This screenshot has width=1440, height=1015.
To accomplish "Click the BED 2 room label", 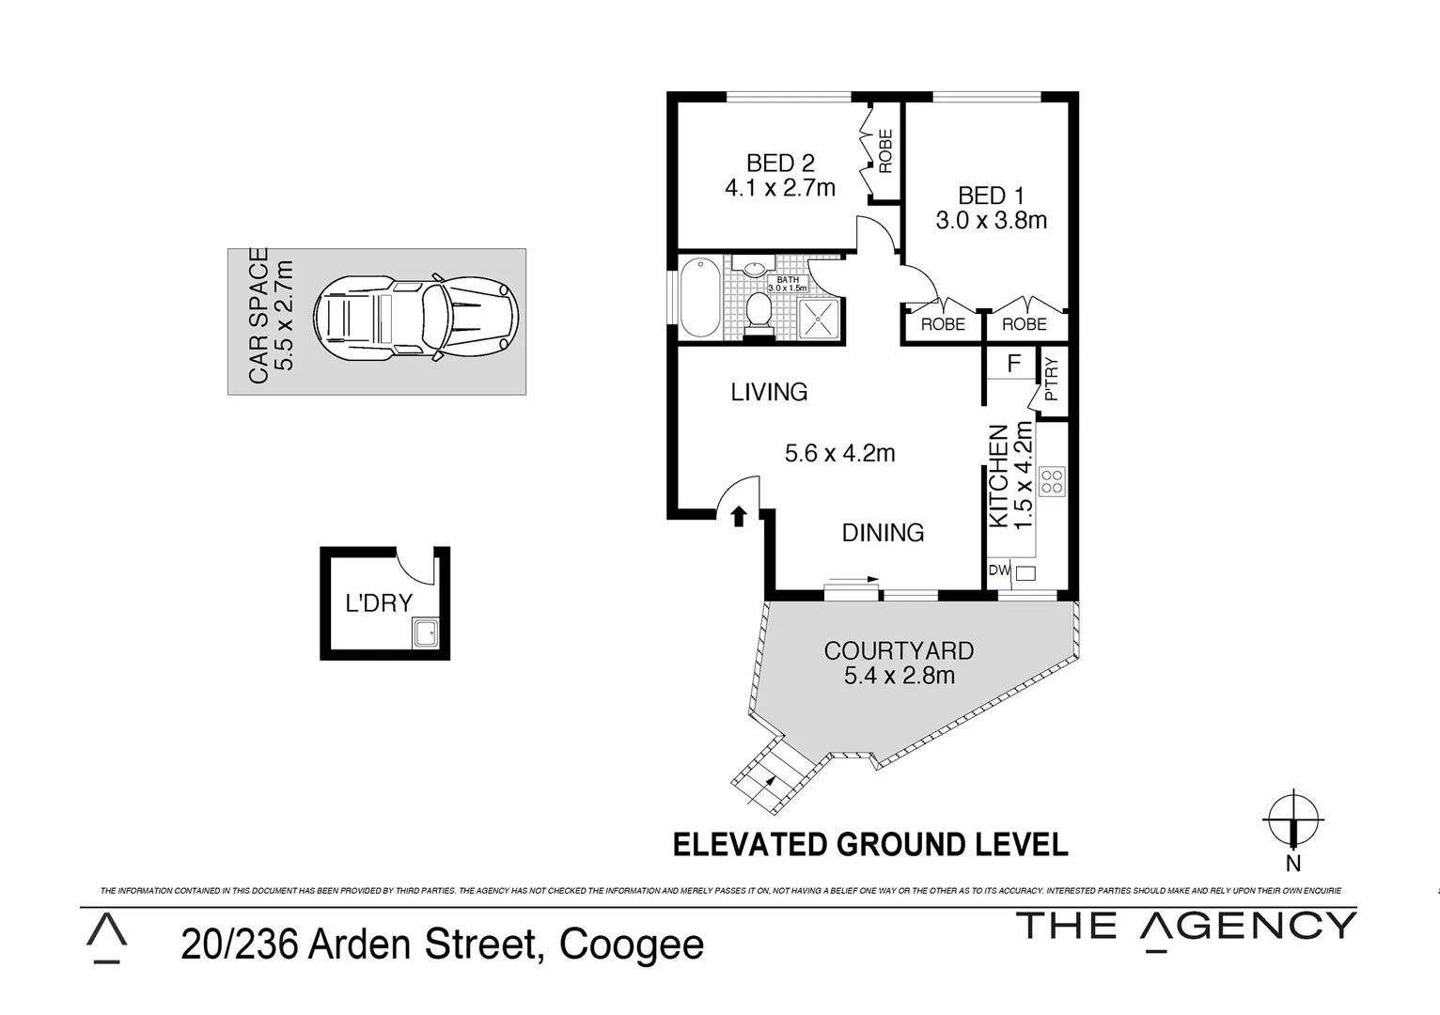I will coord(779,164).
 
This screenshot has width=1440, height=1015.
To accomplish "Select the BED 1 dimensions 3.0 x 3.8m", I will coord(991,221).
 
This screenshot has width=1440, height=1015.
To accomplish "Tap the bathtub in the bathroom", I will coord(699,297).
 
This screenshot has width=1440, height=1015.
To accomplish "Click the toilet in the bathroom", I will coord(758,310).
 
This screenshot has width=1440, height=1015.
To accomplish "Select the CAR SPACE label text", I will coord(258,316).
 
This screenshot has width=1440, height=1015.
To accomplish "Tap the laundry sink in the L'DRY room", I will coord(425,632).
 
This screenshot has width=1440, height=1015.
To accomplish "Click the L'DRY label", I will coord(379,603).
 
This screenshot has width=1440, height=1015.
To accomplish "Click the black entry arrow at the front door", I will coord(739,514).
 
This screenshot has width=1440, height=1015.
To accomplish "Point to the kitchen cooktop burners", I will coord(1052,482).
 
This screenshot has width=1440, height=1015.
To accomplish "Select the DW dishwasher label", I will coord(998,570).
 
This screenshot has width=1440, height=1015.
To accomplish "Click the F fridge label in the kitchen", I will coord(1013,364).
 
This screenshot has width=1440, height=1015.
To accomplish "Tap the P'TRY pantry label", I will coord(1051,379).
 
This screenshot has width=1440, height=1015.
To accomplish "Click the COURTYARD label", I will coord(899,650).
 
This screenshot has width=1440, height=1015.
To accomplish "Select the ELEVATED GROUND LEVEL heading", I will coord(870,844).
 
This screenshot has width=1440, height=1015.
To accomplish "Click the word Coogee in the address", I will coord(631,945).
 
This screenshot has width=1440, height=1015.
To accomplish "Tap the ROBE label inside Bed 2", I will coord(884,151).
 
